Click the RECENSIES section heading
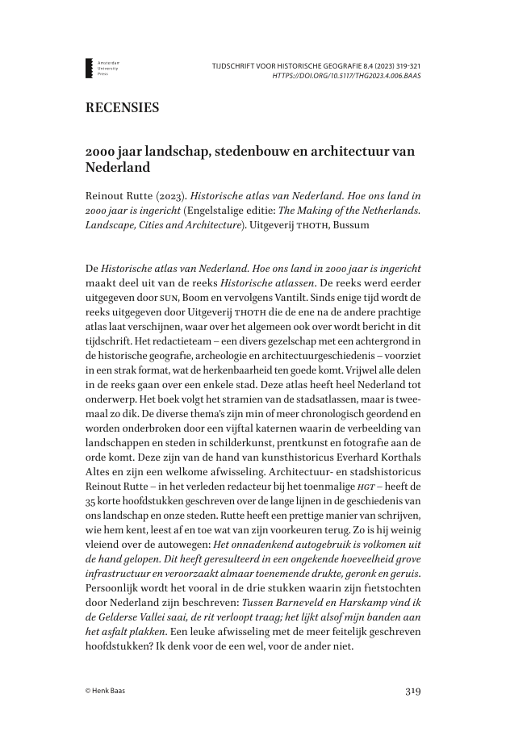pyautogui.click(x=121, y=108)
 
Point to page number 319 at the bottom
pyautogui.click(x=412, y=691)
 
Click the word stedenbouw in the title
pyautogui.click(x=248, y=153)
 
